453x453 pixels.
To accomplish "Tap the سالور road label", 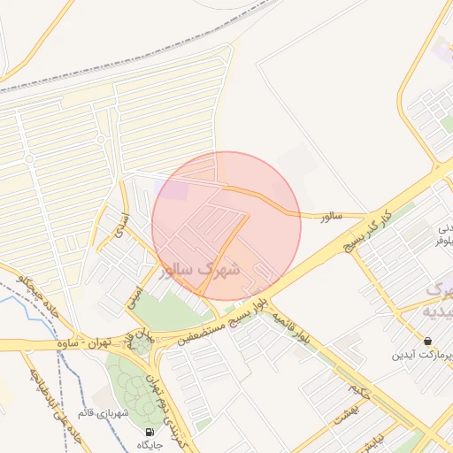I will [x=330, y=215].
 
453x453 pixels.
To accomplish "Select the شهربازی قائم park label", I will [x=104, y=412].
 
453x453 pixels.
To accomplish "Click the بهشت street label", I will [x=340, y=411].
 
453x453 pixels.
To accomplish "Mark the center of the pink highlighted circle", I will [x=226, y=226].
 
